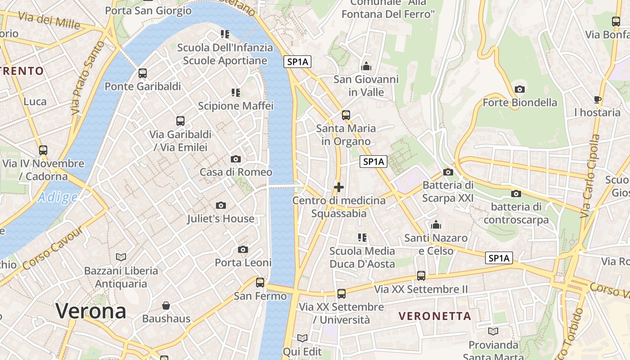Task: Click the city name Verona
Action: pyautogui.click(x=91, y=311)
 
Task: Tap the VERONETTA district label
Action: pyautogui.click(x=435, y=316)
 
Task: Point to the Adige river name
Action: pyautogui.click(x=58, y=197)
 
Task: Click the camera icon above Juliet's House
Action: pyautogui.click(x=220, y=205)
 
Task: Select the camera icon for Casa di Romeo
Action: pyautogui.click(x=235, y=159)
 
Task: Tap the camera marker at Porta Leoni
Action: pyautogui.click(x=243, y=249)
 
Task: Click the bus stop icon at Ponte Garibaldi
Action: pyautogui.click(x=143, y=73)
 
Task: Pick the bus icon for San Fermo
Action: pyautogui.click(x=260, y=283)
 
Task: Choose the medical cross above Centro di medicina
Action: pyautogui.click(x=339, y=187)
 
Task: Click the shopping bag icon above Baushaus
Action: pyautogui.click(x=166, y=306)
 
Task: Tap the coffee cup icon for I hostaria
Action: pyautogui.click(x=597, y=99)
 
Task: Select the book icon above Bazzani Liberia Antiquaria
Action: pyautogui.click(x=121, y=257)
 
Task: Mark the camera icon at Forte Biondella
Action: pyautogui.click(x=520, y=89)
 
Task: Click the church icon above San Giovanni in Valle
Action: pyautogui.click(x=366, y=66)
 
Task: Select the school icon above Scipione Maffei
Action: pyautogui.click(x=236, y=93)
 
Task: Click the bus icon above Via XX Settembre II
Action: pyautogui.click(x=421, y=276)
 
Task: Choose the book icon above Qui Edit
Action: pyautogui.click(x=302, y=338)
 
